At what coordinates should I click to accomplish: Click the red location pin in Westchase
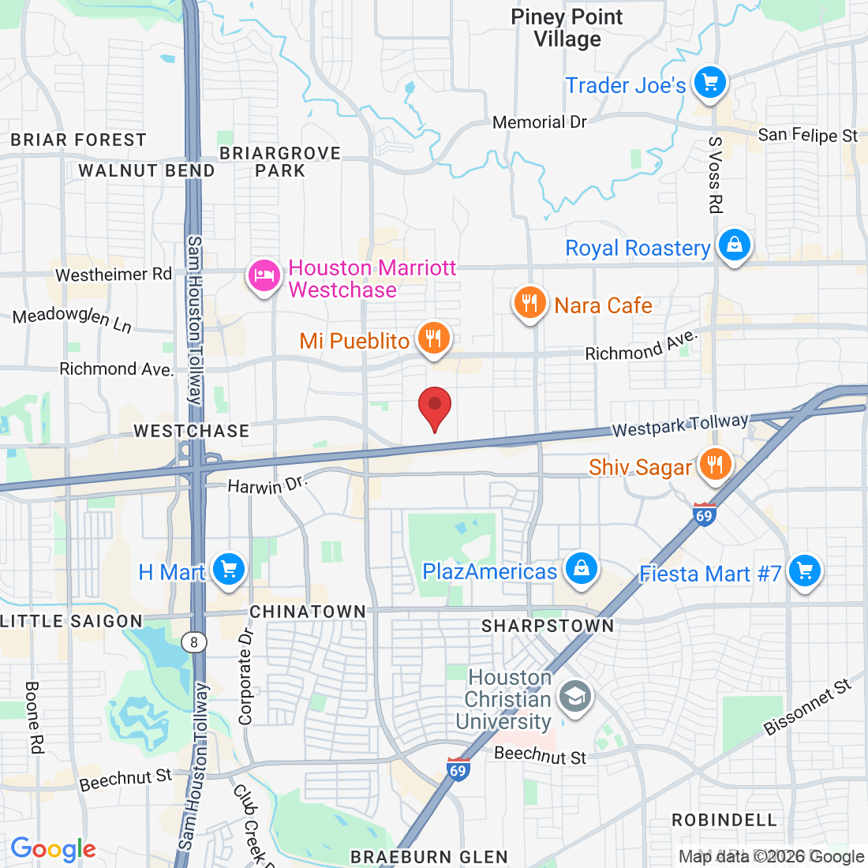point(434,407)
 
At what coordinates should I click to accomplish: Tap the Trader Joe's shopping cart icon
point(710,82)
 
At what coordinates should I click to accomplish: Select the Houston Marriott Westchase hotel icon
point(264,276)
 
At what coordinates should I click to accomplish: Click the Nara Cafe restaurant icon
point(530,303)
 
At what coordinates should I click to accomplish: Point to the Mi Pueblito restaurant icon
point(432,339)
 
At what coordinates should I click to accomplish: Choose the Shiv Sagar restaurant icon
point(715,464)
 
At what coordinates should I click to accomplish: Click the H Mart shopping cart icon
point(229,570)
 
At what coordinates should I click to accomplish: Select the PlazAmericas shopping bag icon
point(582,569)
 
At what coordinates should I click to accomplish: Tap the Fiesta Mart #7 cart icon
point(804,571)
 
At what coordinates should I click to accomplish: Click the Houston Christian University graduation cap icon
point(575,698)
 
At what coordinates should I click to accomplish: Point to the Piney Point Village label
point(567,28)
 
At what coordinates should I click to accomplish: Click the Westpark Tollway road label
point(680,426)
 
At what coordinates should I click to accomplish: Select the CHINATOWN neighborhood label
point(308,612)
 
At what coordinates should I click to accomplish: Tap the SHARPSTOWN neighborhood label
point(548,626)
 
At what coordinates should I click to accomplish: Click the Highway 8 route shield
point(194,642)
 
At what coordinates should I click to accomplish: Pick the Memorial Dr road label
point(540,122)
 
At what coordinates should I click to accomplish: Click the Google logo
point(53,849)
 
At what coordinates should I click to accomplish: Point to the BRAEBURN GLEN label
point(429,857)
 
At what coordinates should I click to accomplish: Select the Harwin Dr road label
point(266,485)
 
